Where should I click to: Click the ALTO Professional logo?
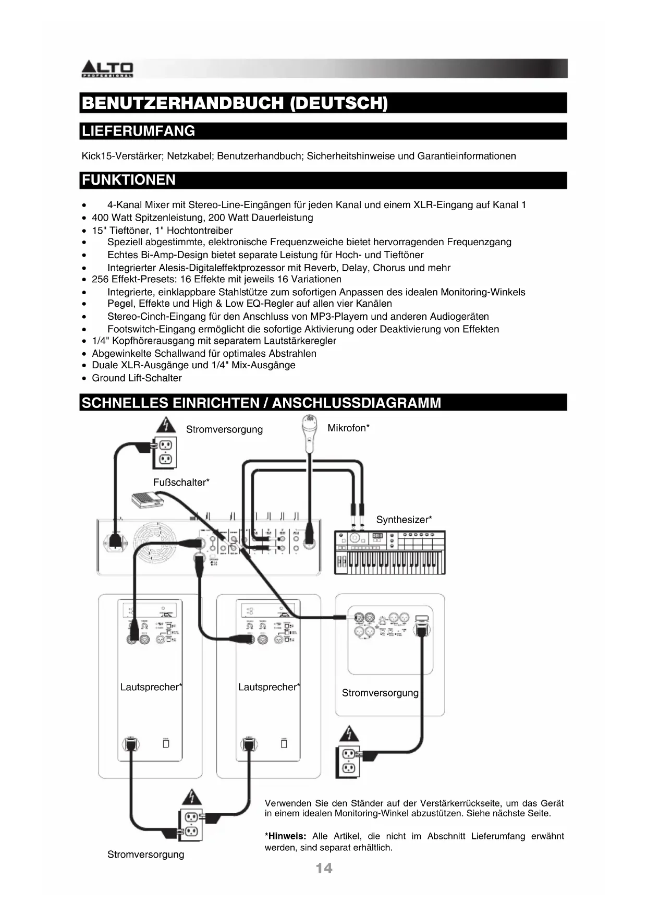[107, 69]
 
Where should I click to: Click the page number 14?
[323, 868]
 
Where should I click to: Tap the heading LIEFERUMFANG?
[139, 131]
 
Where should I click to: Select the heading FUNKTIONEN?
[129, 180]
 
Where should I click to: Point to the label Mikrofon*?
[348, 428]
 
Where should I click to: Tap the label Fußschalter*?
[181, 483]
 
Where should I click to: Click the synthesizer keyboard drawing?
[389, 552]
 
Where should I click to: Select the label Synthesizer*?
[404, 520]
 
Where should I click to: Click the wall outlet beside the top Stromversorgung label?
[164, 452]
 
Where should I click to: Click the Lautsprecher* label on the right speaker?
[269, 687]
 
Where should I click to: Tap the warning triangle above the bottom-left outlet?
[192, 797]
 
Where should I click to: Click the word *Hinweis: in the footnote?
[285, 836]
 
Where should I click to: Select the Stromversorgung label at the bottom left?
[145, 854]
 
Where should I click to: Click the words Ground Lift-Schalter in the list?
[137, 378]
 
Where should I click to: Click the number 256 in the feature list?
[100, 279]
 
